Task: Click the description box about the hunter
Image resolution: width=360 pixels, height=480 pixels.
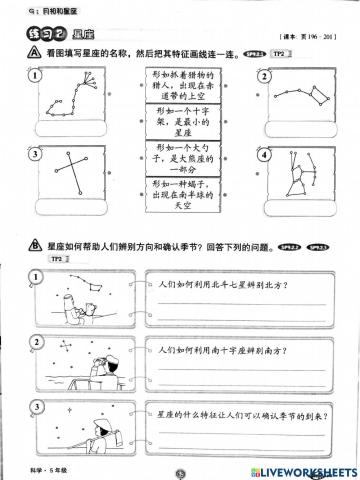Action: pyautogui.click(x=179, y=86)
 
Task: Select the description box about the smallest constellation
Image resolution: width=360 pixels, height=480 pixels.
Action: pyautogui.click(x=179, y=123)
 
